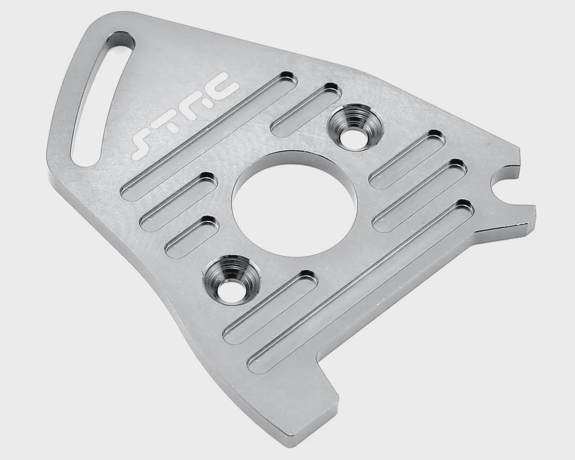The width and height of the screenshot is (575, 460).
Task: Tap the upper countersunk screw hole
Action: point(355,129)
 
